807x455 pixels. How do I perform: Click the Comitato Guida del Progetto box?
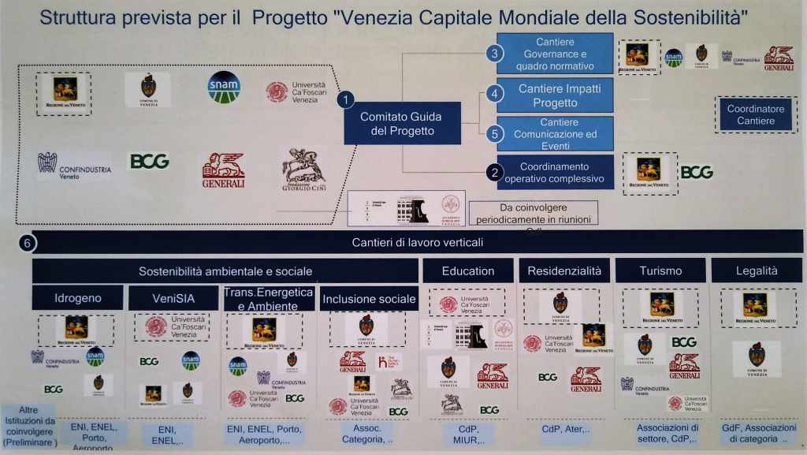point(402,124)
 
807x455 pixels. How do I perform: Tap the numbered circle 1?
point(346,99)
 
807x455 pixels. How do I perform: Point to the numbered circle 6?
point(28,244)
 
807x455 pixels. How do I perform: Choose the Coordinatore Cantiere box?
point(755,114)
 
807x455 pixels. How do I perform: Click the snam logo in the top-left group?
point(224,88)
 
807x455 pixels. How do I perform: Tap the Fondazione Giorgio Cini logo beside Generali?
point(303,166)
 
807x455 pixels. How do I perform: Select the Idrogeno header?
point(77,299)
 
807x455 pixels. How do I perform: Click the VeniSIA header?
point(173,299)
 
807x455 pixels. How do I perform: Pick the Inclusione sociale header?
point(369,299)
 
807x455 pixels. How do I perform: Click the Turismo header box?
point(660,270)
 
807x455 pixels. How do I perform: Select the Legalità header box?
point(756,270)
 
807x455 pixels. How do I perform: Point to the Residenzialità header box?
point(563,270)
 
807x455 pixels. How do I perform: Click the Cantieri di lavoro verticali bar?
point(418,241)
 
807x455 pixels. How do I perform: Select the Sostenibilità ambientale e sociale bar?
point(225,270)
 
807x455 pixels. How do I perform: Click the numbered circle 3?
point(494,54)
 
